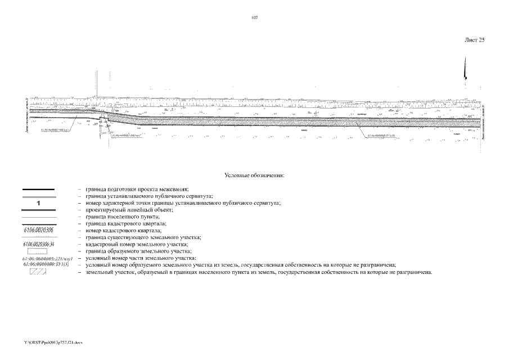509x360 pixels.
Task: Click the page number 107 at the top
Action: (x=254, y=18)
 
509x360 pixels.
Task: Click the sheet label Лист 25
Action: (x=474, y=40)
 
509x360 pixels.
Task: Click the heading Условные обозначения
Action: (x=254, y=175)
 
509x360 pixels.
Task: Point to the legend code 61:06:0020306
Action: (x=38, y=231)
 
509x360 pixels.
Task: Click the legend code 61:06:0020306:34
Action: (x=38, y=245)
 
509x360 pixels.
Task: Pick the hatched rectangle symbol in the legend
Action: (x=38, y=272)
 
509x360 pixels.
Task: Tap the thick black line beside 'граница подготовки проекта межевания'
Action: (x=38, y=190)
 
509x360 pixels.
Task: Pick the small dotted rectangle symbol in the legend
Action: (x=38, y=251)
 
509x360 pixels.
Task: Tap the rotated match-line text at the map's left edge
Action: (x=26, y=121)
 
